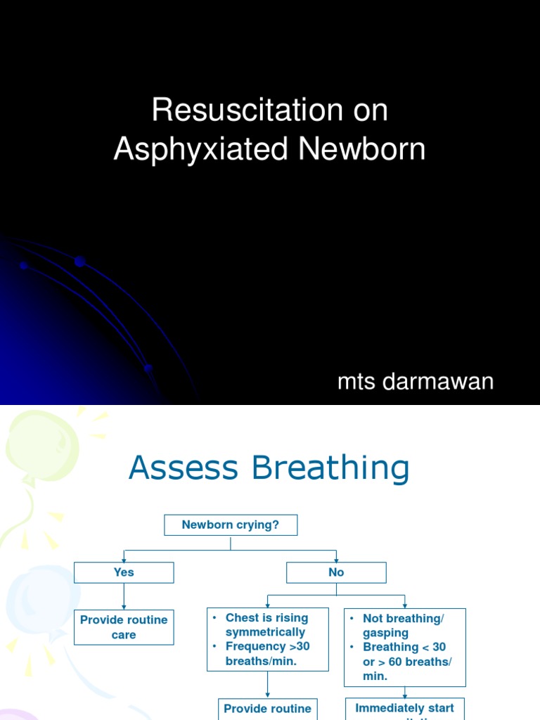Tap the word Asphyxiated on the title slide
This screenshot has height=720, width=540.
[202, 149]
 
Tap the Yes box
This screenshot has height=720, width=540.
[124, 572]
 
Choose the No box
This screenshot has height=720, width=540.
[336, 572]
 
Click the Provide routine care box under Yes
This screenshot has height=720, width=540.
[124, 627]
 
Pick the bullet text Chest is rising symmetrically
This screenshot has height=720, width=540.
[266, 625]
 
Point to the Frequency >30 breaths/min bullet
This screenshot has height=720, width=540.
[267, 654]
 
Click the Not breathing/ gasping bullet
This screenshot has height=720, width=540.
[403, 626]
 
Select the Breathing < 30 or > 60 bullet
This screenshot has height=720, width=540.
[407, 661]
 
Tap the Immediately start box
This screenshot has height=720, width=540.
[404, 709]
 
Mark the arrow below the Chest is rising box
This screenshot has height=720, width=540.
[267, 685]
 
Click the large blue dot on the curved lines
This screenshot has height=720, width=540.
[79, 262]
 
